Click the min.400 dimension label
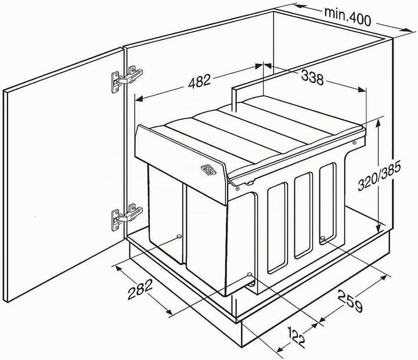347,16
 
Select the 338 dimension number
312,78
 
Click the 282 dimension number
140,289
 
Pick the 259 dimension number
351,301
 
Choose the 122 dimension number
297,337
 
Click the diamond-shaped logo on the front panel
208,170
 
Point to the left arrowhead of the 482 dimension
139,99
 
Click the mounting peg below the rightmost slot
323,238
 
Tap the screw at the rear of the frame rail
354,143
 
